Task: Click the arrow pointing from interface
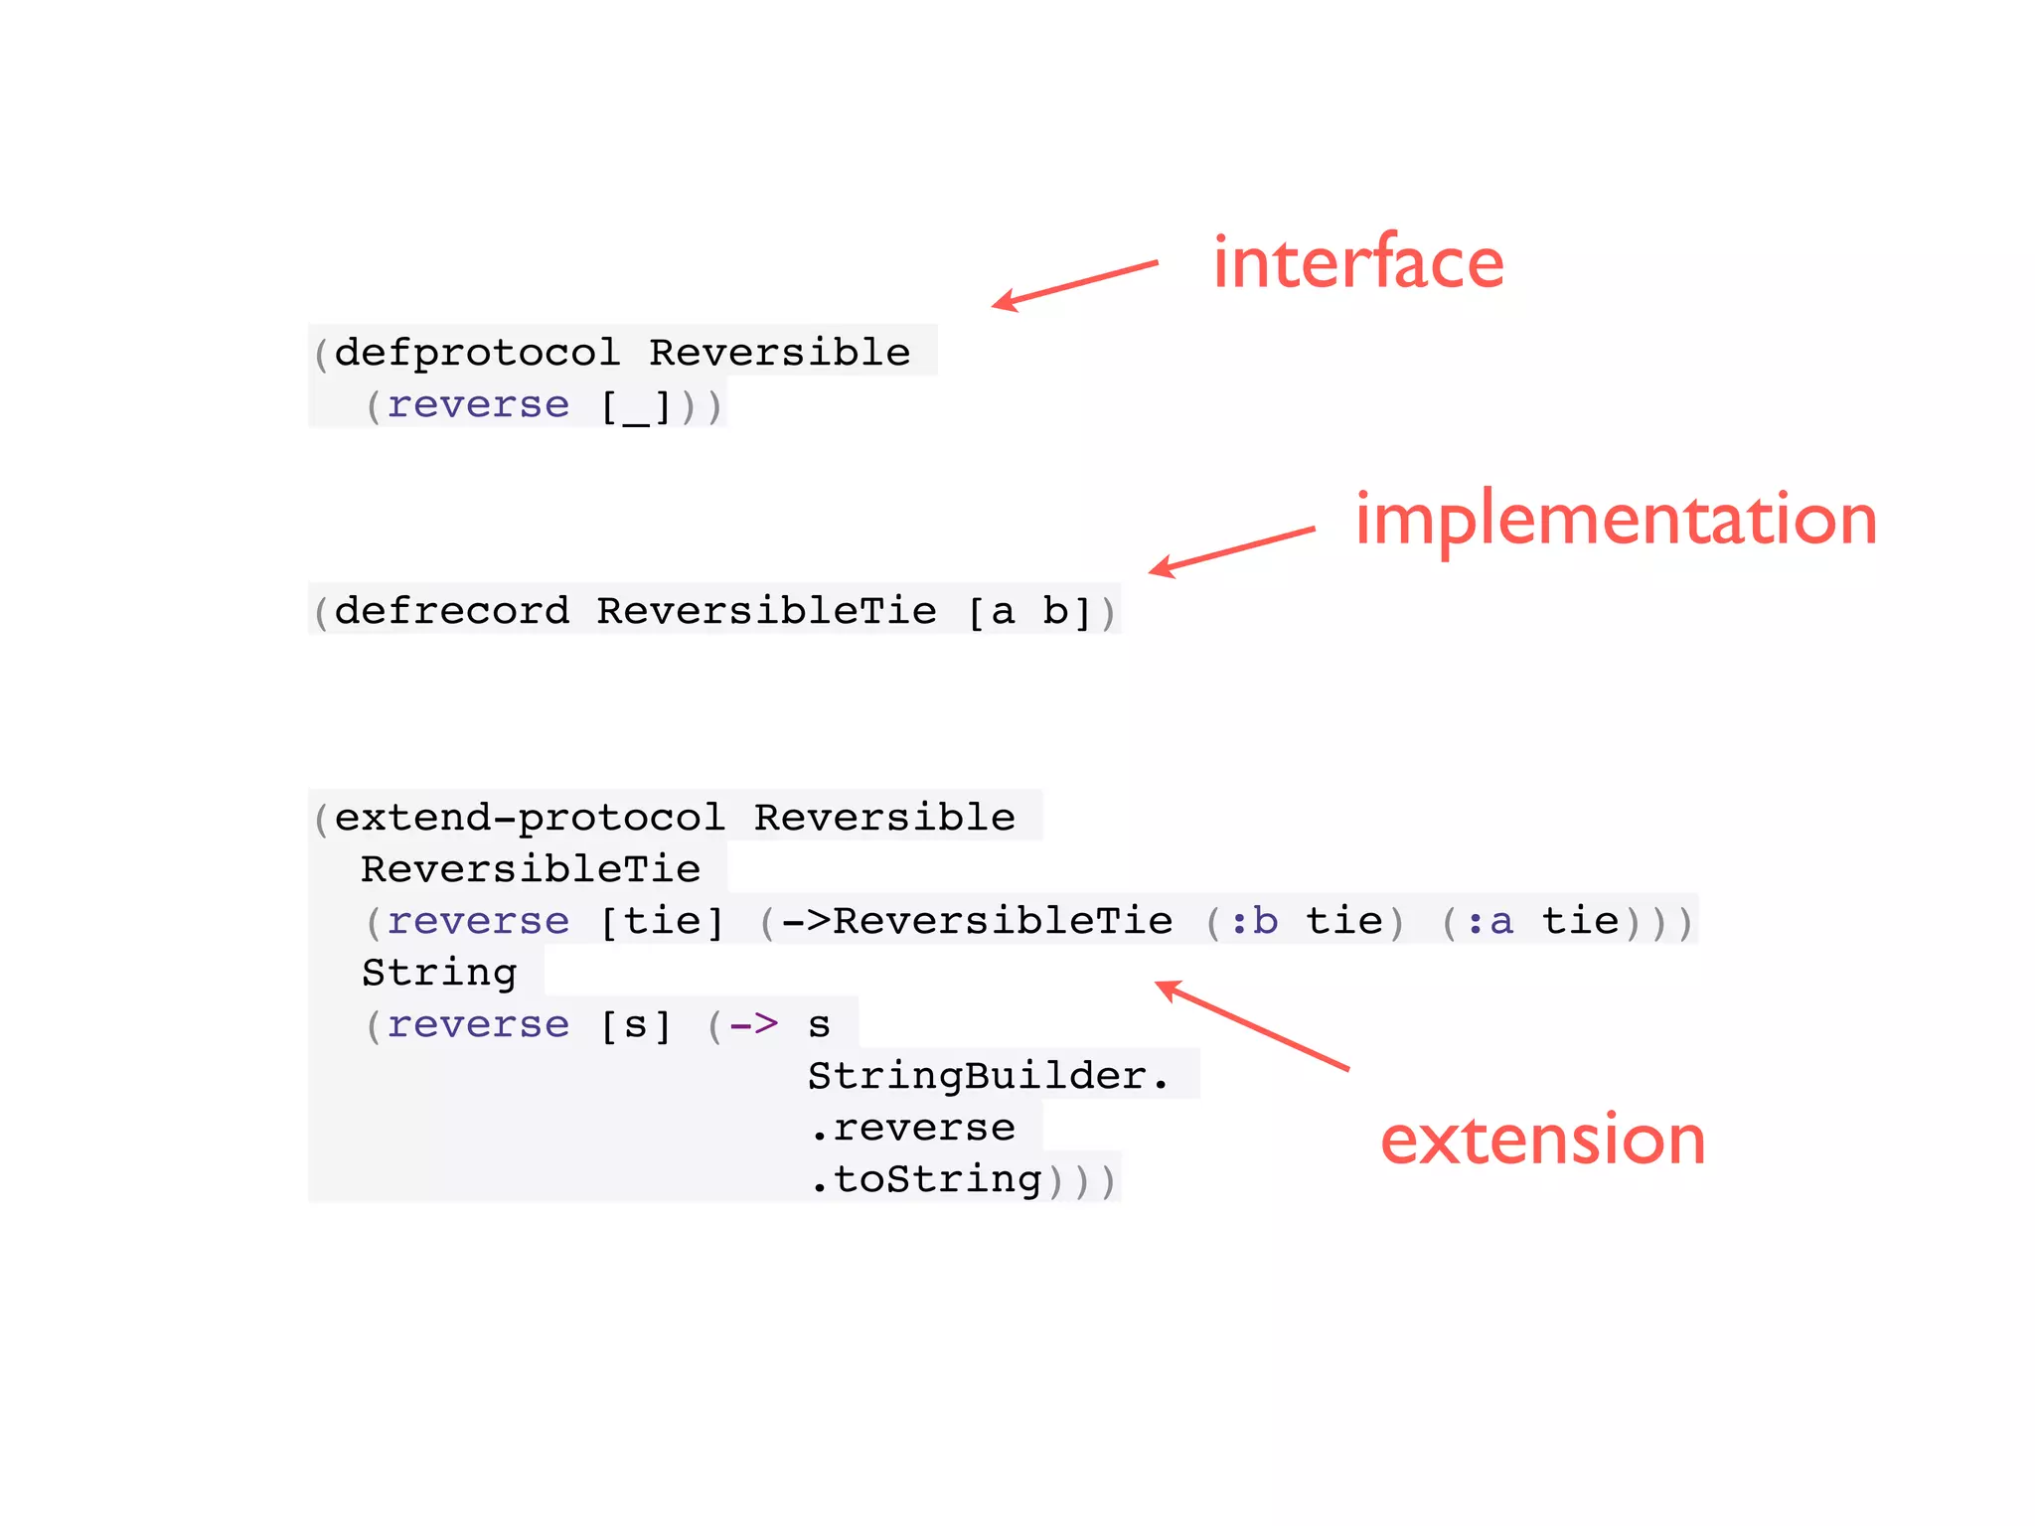(1075, 284)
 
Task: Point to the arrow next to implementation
(1232, 550)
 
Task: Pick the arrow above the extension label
(1252, 1025)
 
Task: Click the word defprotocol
(477, 353)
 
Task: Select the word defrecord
(452, 611)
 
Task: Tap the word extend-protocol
(530, 818)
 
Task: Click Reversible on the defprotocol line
(780, 353)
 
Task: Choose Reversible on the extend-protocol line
(884, 818)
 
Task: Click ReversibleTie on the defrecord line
(766, 611)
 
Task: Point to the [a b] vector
(1029, 611)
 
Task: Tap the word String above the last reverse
(439, 973)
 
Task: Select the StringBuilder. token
(989, 1076)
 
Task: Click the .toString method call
(926, 1179)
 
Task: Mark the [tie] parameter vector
(662, 921)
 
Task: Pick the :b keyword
(1253, 921)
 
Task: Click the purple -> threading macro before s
(753, 1024)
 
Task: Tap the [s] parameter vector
(636, 1024)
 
